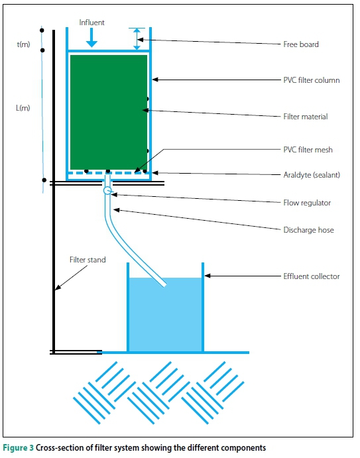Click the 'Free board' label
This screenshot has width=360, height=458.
point(301,44)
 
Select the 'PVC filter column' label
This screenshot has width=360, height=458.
point(312,80)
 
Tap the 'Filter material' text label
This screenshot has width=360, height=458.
point(306,117)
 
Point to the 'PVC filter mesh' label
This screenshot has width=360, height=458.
point(308,150)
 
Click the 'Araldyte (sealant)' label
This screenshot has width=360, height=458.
point(312,175)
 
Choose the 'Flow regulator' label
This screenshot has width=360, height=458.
point(307,203)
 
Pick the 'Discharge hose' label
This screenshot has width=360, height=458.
point(308,230)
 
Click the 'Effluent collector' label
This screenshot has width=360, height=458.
point(312,276)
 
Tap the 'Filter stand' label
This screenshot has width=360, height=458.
point(88,260)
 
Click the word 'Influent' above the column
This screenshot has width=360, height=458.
point(91,23)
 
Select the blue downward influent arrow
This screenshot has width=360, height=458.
point(91,37)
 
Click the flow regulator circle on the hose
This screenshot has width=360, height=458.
point(107,190)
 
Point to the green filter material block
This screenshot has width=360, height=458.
point(109,112)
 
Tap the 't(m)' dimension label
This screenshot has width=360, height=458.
point(23,44)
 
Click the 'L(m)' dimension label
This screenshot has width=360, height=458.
point(23,108)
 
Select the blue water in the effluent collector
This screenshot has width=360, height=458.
point(165,315)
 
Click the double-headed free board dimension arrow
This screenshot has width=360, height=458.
point(137,39)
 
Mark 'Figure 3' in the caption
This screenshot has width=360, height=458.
point(18,448)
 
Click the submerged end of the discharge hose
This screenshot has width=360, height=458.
point(164,285)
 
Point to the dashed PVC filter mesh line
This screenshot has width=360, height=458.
point(107,173)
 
